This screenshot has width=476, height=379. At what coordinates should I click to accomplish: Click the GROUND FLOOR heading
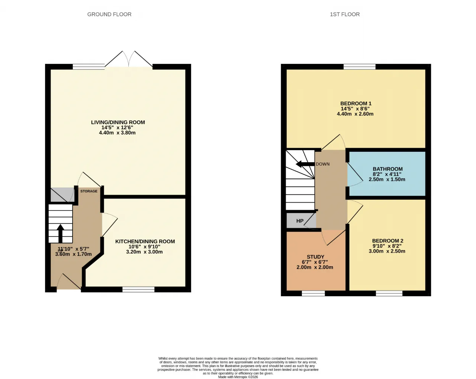[109, 14]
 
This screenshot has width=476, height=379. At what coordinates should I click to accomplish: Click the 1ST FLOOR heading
[345, 14]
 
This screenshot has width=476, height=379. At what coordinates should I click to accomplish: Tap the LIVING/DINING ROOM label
[118, 122]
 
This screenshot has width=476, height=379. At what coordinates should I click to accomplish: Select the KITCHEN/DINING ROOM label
[145, 241]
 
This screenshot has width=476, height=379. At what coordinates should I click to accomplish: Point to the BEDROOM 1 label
[356, 103]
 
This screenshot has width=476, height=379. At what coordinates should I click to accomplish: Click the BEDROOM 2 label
[387, 241]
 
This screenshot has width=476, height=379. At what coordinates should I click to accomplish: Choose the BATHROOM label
[387, 169]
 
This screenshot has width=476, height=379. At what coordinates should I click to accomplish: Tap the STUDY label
[315, 257]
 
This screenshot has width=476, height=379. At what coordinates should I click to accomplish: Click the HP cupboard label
[300, 221]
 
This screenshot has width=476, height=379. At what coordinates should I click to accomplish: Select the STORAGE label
[89, 191]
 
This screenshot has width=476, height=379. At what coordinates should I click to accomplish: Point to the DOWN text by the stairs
[322, 164]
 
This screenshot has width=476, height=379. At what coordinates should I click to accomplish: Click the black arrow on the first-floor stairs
[305, 164]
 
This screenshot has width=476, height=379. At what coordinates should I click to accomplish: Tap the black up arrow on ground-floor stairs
[60, 233]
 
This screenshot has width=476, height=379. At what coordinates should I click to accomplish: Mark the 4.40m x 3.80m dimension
[117, 133]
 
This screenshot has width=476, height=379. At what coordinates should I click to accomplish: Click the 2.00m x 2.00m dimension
[315, 267]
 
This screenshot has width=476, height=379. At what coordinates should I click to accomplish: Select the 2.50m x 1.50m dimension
[387, 179]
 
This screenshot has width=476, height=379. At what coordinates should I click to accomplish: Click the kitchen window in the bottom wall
[138, 289]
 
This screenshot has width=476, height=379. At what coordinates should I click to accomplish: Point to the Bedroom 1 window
[360, 67]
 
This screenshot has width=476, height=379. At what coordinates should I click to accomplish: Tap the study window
[313, 293]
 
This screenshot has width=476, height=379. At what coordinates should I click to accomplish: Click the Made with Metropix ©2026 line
[238, 377]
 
